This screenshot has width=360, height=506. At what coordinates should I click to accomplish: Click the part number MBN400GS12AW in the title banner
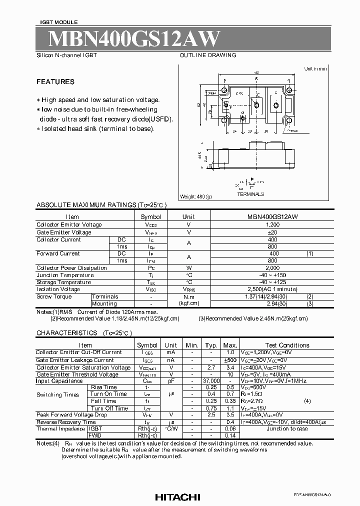(127, 39)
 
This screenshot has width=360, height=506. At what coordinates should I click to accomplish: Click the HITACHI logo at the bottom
(177, 497)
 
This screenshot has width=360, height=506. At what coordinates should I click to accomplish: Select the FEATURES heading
(55, 82)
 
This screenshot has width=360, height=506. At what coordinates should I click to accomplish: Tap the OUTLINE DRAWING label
(208, 55)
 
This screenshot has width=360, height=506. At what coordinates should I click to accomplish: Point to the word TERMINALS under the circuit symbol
(250, 194)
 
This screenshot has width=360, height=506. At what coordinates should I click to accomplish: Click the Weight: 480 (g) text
(195, 197)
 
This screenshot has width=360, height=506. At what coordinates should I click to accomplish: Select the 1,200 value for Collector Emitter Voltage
(272, 225)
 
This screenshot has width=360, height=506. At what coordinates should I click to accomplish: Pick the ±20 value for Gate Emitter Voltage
(272, 232)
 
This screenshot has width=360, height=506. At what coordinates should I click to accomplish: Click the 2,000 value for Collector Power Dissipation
(272, 268)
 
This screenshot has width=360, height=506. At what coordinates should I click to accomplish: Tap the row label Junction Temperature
(65, 275)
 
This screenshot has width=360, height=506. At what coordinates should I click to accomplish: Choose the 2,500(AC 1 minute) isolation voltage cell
(272, 289)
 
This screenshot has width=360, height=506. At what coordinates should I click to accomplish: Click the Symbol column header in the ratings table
(150, 217)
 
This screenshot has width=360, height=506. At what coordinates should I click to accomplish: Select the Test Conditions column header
(287, 345)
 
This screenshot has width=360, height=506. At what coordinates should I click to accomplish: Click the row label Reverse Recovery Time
(66, 422)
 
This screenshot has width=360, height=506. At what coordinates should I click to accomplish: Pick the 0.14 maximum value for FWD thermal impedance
(230, 435)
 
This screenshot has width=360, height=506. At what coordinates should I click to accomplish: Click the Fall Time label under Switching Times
(103, 401)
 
